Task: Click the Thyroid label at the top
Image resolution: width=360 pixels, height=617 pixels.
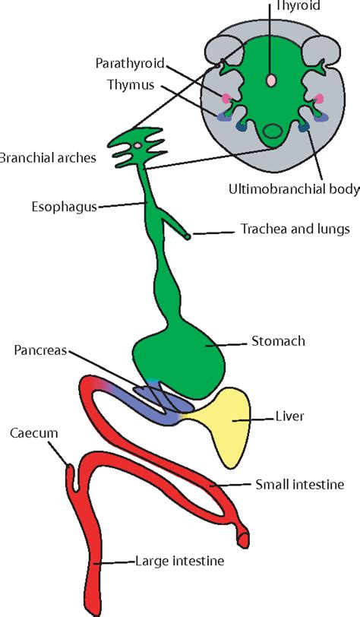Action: [x=297, y=6]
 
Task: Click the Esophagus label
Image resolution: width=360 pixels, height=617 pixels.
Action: [x=65, y=205]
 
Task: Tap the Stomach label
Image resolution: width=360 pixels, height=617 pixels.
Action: [x=278, y=341]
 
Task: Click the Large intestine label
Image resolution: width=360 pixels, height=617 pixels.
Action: [x=180, y=562]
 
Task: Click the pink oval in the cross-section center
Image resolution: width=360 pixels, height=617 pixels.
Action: [x=271, y=80]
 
